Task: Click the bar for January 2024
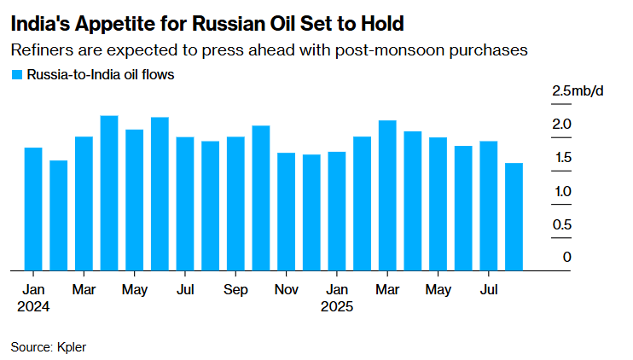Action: (x=33, y=209)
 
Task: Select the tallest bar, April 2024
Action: (x=109, y=193)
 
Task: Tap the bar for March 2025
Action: (x=387, y=195)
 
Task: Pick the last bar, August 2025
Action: (x=514, y=217)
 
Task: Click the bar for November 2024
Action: (x=287, y=212)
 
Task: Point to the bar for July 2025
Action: (x=489, y=206)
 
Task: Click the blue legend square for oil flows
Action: (x=16, y=75)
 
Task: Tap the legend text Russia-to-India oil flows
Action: (x=101, y=75)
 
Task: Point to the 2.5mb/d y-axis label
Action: (x=578, y=91)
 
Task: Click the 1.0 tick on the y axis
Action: (x=560, y=191)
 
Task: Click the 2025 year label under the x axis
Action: (x=337, y=306)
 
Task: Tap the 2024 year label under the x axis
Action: (x=33, y=306)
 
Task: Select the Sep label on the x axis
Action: (x=235, y=290)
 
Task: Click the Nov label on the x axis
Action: (x=287, y=290)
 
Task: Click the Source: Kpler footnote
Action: (x=48, y=346)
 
